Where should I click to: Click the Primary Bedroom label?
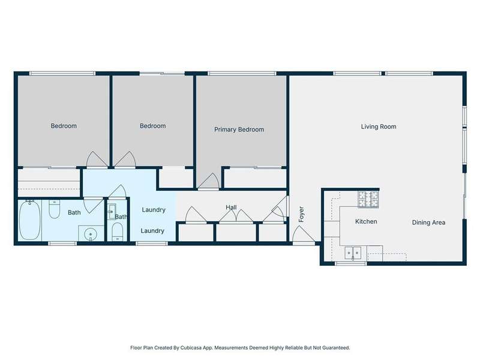pyautogui.click(x=239, y=130)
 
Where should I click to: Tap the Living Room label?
pyautogui.click(x=379, y=127)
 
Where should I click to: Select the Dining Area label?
pyautogui.click(x=428, y=223)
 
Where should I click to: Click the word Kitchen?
pyautogui.click(x=366, y=221)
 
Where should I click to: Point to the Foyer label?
pyautogui.click(x=301, y=214)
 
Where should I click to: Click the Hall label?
pyautogui.click(x=231, y=207)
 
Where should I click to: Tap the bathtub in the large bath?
pyautogui.click(x=29, y=220)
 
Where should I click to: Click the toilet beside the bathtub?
pyautogui.click(x=55, y=209)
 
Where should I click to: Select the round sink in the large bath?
pyautogui.click(x=91, y=235)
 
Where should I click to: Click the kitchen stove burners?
pyautogui.click(x=368, y=199)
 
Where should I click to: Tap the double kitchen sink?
pyautogui.click(x=353, y=253)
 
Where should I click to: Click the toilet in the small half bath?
pyautogui.click(x=117, y=232)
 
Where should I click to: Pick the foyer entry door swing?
pyautogui.click(x=303, y=235)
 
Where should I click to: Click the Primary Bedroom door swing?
pyautogui.click(x=208, y=181)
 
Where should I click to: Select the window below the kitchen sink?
pyautogui.click(x=351, y=263)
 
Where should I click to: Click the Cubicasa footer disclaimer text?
pyautogui.click(x=240, y=348)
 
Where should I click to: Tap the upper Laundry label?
pyautogui.click(x=154, y=209)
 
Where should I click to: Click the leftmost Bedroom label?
pyautogui.click(x=64, y=126)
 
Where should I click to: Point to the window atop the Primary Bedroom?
pyautogui.click(x=242, y=73)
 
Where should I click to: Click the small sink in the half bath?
pyautogui.click(x=112, y=211)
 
